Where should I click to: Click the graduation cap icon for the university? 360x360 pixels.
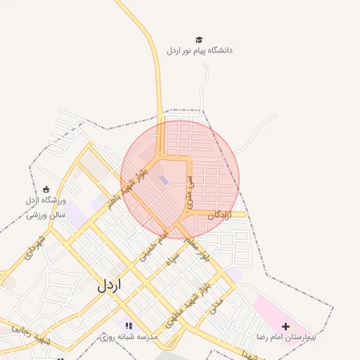pos(200,39)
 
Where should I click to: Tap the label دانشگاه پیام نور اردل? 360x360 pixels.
pos(200,51)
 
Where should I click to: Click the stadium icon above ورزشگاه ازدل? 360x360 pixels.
pos(46,189)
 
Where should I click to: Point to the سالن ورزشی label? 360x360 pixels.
pos(46,213)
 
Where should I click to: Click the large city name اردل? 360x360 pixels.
pos(109,285)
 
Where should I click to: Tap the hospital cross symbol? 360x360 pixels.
pos(285,326)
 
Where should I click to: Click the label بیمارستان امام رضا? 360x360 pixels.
pos(286,337)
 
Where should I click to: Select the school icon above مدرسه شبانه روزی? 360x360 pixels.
pos(129,325)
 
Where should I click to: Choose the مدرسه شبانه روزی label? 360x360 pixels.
pos(129,337)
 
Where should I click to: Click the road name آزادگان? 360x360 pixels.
pos(219,214)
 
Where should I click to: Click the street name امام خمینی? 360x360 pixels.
pos(155,244)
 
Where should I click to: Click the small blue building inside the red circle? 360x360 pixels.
pos(164,180)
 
